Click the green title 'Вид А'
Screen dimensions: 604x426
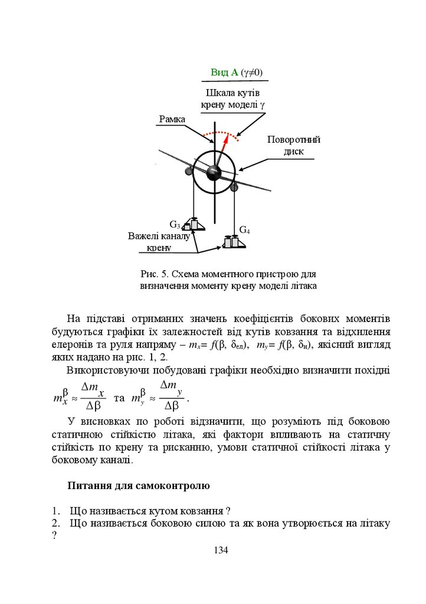tap(224, 73)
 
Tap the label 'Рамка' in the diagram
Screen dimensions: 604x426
tap(172, 120)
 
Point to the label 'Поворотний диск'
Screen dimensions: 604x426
tap(293, 146)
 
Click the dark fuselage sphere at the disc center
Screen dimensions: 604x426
tap(213, 172)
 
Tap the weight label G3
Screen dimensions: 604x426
tap(175, 224)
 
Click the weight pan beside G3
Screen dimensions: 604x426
tap(194, 225)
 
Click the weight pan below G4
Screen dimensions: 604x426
tap(234, 242)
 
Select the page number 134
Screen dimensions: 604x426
tap(220, 550)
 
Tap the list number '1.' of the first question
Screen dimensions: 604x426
tap(56, 511)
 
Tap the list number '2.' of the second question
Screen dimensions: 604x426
tap(56, 523)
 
